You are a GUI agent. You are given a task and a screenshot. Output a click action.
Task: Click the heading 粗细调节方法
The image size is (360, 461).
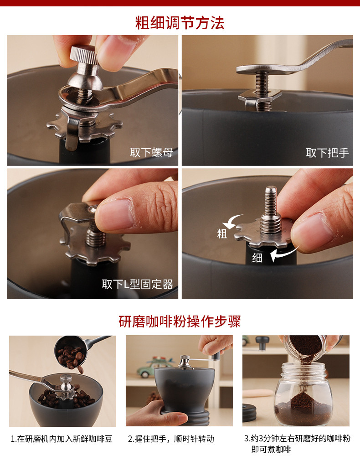(180, 23)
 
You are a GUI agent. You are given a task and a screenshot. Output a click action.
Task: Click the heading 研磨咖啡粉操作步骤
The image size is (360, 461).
(180, 321)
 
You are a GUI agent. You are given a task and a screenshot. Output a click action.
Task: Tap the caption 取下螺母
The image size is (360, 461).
(151, 152)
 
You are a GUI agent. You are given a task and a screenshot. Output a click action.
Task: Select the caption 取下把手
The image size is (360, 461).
(327, 153)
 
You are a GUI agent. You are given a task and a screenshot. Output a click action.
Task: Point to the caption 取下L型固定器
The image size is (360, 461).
(137, 284)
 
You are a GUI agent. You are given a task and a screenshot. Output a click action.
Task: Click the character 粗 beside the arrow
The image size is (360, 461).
(222, 234)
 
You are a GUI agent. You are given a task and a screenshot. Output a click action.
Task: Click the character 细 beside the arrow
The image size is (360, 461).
(257, 258)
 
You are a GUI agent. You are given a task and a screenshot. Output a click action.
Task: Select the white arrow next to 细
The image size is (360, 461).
(283, 254)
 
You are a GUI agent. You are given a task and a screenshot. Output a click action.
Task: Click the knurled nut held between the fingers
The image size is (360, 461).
(83, 54)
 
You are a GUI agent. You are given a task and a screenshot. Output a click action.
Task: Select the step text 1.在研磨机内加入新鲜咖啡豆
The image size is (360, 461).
(62, 439)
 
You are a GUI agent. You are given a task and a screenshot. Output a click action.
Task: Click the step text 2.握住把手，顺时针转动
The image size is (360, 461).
(171, 439)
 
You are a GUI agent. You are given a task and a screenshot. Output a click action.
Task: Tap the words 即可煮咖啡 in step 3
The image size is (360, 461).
(271, 450)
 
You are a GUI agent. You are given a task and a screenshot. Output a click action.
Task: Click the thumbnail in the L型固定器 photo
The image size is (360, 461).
(115, 215)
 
